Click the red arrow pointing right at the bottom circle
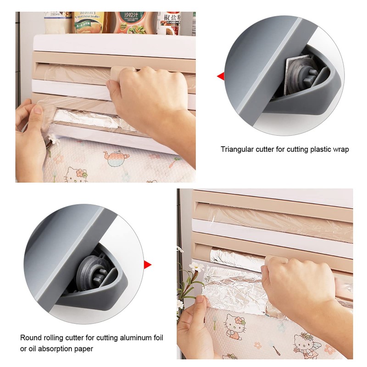[x=147, y=264]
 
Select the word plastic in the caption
[x=313, y=149]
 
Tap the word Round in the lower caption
[x=30, y=338]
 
